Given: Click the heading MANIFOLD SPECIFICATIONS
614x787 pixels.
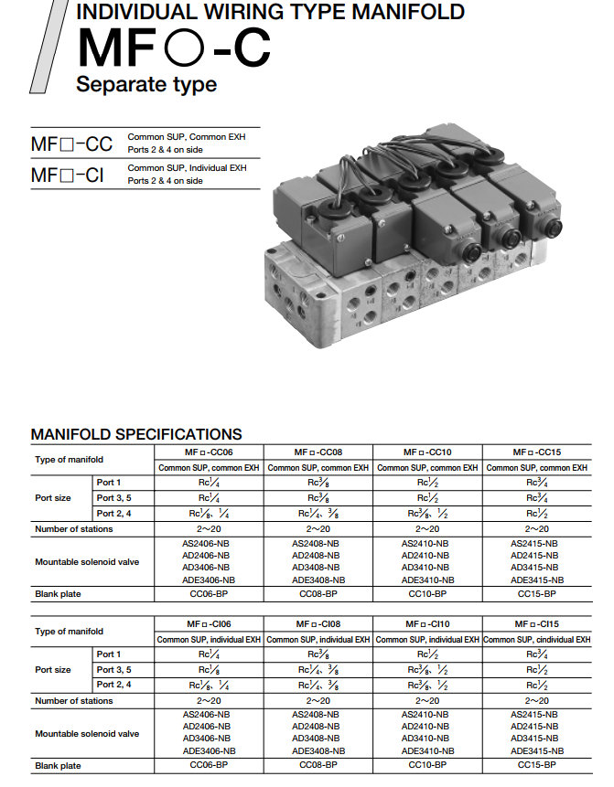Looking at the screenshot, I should click(x=136, y=434).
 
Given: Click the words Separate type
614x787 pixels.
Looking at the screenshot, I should click(x=146, y=85).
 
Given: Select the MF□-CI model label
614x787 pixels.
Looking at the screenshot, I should click(x=68, y=175).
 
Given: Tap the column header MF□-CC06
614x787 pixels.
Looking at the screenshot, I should click(x=210, y=452).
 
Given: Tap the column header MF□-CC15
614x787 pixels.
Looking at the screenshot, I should click(x=536, y=452).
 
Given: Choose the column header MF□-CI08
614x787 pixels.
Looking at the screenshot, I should click(x=318, y=624).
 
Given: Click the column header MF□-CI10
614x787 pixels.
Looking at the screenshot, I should click(x=427, y=624).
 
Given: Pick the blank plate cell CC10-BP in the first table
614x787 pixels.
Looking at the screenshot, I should click(x=427, y=593).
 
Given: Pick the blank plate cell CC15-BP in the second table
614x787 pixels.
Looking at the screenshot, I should click(x=536, y=765).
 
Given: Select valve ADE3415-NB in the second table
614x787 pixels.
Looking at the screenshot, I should click(x=537, y=750).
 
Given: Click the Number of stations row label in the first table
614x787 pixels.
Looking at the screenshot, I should click(x=74, y=529).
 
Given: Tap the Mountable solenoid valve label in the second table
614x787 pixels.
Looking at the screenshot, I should click(x=87, y=734).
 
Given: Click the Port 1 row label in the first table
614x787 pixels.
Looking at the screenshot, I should click(x=109, y=483).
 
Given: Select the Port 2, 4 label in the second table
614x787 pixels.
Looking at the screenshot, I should click(x=114, y=685).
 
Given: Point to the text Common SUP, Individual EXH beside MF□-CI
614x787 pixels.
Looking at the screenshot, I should click(x=187, y=168).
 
